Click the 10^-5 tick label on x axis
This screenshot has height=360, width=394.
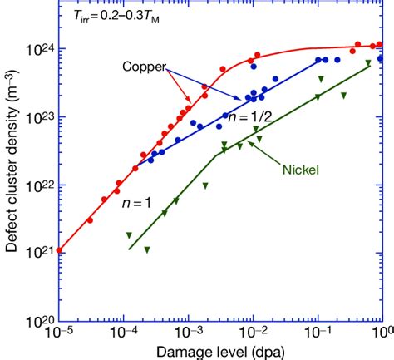pos(58,333)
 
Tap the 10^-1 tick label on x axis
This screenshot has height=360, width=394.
pos(318,333)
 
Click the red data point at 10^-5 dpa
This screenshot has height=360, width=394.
pos(58,249)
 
